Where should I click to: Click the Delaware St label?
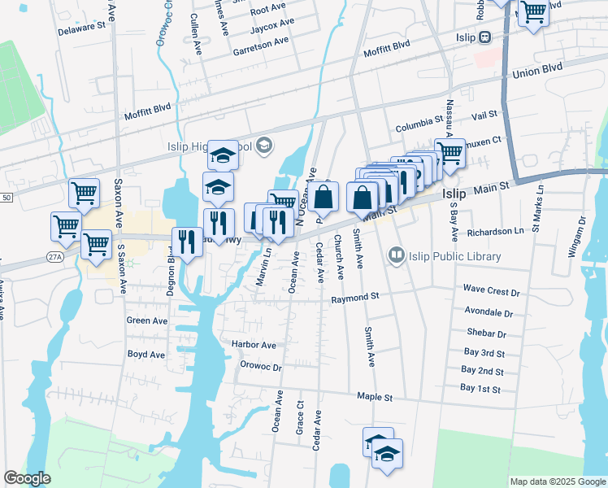pyautogui.click(x=82, y=26)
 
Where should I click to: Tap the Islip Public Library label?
pyautogui.click(x=455, y=256)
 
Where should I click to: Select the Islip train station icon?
pyautogui.click(x=485, y=37)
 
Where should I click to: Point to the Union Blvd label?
pyautogui.click(x=538, y=73)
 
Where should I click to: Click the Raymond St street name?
pyautogui.click(x=355, y=299)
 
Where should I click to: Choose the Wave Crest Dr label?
pyautogui.click(x=491, y=290)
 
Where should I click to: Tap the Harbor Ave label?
pyautogui.click(x=254, y=345)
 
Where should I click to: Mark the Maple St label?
pyautogui.click(x=375, y=398)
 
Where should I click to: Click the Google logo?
pyautogui.click(x=27, y=478)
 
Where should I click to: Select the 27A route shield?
pyautogui.click(x=54, y=256)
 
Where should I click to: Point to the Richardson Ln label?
pyautogui.click(x=496, y=231)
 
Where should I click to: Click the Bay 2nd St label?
pyautogui.click(x=482, y=371)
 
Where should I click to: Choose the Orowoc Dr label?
pyautogui.click(x=261, y=367)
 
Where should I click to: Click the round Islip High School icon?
pyautogui.click(x=263, y=146)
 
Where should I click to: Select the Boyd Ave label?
pyautogui.click(x=146, y=355)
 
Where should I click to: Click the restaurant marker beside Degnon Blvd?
pyautogui.click(x=187, y=242)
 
